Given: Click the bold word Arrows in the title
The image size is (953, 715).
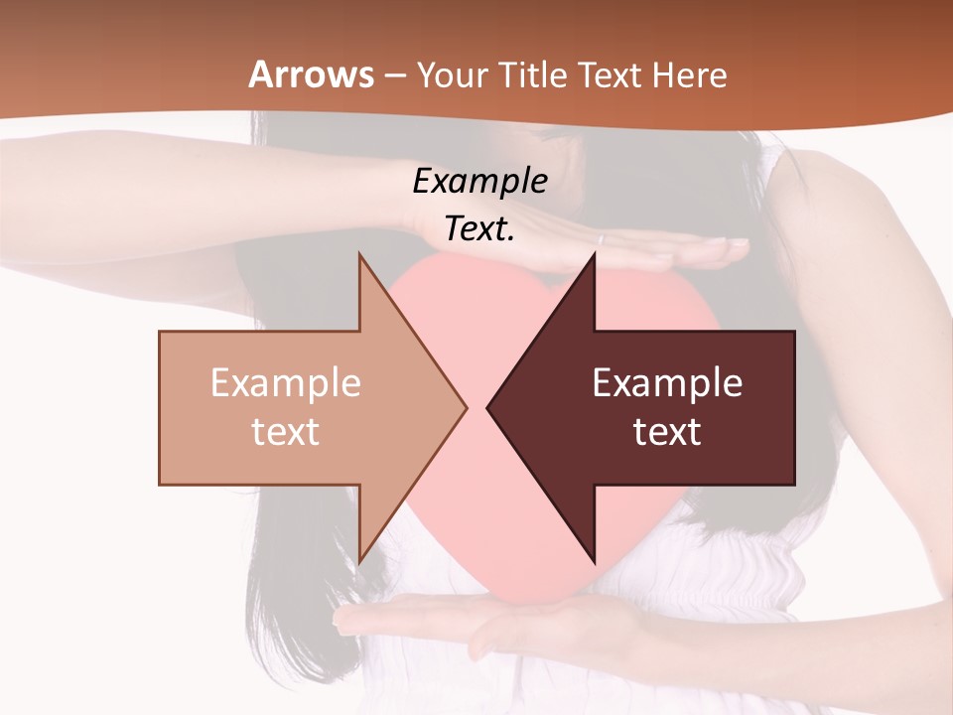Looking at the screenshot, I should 312,74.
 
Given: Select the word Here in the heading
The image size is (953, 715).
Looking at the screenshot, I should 691,75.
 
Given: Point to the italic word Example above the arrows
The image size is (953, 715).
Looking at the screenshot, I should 479,181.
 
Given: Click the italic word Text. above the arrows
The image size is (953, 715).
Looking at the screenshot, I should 479,229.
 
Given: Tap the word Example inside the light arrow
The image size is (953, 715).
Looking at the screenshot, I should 285,382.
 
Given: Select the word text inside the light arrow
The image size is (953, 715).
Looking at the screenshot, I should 285,431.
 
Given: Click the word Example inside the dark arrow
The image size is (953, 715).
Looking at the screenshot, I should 667,382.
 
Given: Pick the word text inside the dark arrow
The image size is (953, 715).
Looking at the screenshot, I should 667,431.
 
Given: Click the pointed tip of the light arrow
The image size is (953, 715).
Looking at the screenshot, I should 465,407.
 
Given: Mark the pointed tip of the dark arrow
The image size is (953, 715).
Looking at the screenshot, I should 489,407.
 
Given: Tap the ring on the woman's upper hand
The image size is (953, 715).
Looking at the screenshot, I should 600,239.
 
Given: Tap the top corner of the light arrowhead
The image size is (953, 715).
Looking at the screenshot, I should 359,255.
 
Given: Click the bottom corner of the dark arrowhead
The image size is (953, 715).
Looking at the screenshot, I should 594,560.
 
